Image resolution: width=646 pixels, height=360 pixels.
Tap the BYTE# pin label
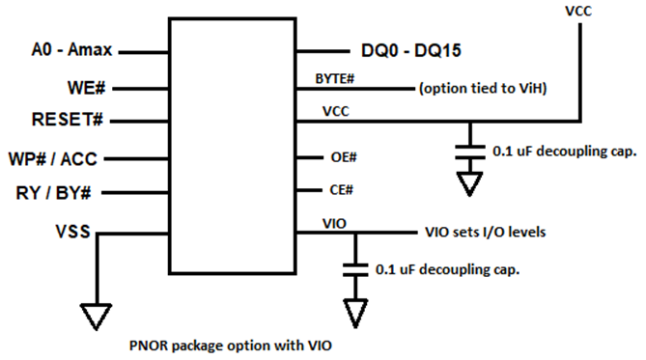(x=340, y=78)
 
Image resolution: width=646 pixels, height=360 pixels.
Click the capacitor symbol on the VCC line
(x=469, y=151)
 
